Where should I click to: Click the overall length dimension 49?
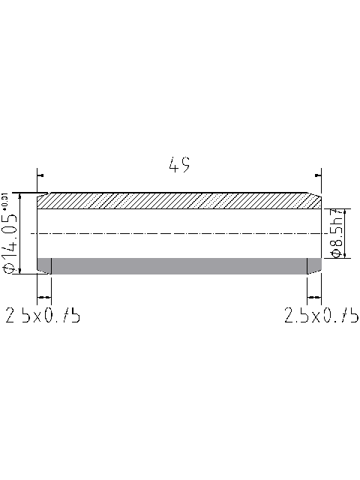[179, 165]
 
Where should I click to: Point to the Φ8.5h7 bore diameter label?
[337, 233]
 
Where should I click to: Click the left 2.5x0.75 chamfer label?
[43, 316]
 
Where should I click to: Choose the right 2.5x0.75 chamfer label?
[321, 316]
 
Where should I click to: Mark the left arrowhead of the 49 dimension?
[40, 176]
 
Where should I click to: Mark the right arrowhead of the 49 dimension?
[317, 176]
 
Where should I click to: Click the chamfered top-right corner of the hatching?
[315, 199]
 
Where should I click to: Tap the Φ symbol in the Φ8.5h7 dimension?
[337, 253]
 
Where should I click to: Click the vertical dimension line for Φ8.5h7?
[322, 233]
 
